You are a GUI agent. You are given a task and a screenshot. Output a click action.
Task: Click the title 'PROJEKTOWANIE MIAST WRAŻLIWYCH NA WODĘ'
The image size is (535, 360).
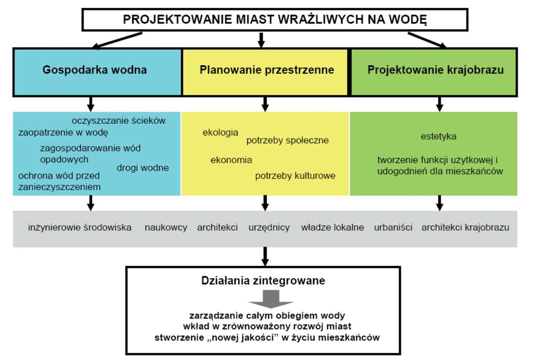point(275,19)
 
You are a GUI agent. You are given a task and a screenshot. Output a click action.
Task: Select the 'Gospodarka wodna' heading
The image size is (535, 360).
point(95,70)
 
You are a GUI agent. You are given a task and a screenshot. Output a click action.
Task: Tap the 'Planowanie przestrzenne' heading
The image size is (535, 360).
point(267,70)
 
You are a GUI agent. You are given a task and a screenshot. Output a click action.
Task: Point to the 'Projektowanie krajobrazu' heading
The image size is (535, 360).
point(435,70)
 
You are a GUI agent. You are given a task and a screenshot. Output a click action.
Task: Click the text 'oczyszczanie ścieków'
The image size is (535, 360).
point(119,121)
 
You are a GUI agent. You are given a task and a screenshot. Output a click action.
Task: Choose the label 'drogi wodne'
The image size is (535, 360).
point(143,168)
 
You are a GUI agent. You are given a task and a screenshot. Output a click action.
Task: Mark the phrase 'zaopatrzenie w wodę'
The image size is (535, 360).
point(63,132)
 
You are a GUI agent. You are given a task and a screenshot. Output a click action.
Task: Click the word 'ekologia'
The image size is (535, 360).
point(220,132)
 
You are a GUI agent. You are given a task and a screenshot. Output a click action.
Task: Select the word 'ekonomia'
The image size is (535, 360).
point(231,160)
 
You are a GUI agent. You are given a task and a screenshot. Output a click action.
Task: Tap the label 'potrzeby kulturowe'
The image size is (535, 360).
point(295,176)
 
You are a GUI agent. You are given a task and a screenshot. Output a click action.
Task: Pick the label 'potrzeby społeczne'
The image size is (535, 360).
point(288,140)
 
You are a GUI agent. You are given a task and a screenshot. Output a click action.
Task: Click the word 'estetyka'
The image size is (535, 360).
point(438,136)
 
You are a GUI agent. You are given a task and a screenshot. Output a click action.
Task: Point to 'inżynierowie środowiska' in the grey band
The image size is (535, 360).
point(80,228)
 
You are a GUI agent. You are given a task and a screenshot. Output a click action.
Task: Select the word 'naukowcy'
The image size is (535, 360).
point(166,228)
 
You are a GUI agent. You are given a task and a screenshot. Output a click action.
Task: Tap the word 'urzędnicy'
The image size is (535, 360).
point(269,228)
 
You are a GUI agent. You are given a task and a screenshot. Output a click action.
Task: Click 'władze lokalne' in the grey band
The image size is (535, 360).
point(332,228)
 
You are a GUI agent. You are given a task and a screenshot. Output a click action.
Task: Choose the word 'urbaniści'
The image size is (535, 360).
point(393,228)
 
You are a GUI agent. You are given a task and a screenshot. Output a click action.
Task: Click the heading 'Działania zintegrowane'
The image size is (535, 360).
point(263,281)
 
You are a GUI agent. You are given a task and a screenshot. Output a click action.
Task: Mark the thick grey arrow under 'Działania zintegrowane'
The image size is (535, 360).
point(271,299)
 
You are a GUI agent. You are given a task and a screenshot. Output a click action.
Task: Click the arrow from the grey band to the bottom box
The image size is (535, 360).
point(265,256)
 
